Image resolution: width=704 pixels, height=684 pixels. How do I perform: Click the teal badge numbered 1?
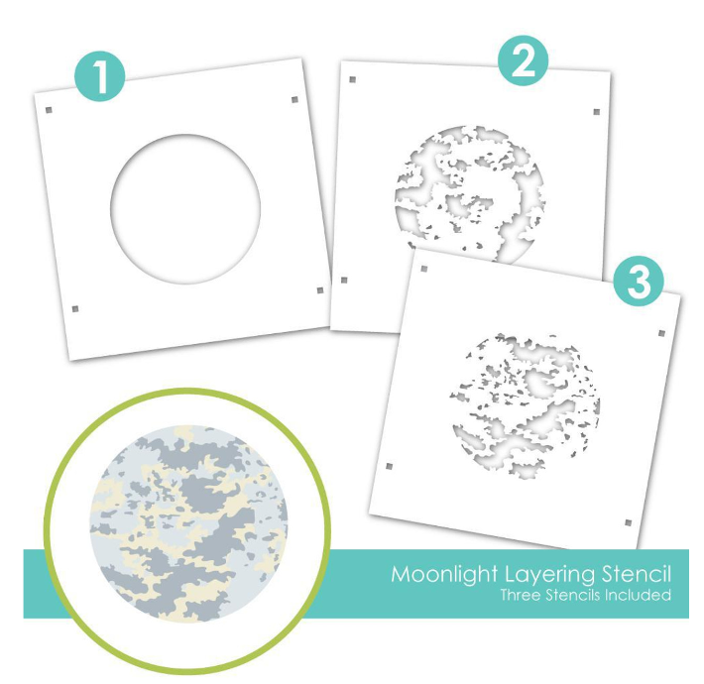point(100,76)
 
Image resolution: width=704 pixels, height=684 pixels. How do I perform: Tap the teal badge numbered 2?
point(523,60)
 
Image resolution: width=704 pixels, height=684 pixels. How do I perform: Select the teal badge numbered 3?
point(639,281)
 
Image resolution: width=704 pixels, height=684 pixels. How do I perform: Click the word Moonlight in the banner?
point(444,575)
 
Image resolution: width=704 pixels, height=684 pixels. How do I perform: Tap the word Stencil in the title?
point(637,574)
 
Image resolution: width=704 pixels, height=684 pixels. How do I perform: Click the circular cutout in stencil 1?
point(185,209)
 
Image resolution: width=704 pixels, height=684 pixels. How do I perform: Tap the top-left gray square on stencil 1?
point(49,110)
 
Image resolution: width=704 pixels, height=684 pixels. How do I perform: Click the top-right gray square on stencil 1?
point(294,99)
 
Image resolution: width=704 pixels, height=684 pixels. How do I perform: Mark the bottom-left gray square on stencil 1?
point(75,308)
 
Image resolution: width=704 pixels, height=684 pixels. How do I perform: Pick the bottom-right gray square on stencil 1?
point(320,290)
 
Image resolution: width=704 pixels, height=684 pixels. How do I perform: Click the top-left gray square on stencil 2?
point(352,79)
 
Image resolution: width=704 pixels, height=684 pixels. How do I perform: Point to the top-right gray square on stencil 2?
point(597,112)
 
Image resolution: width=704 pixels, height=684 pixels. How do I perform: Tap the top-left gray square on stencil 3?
point(423,269)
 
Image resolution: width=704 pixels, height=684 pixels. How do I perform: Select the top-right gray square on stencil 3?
point(661,333)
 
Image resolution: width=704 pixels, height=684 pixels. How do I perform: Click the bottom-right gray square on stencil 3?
point(628,522)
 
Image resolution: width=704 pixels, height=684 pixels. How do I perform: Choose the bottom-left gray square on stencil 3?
point(390,466)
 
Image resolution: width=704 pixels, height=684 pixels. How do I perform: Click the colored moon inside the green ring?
point(188,523)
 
